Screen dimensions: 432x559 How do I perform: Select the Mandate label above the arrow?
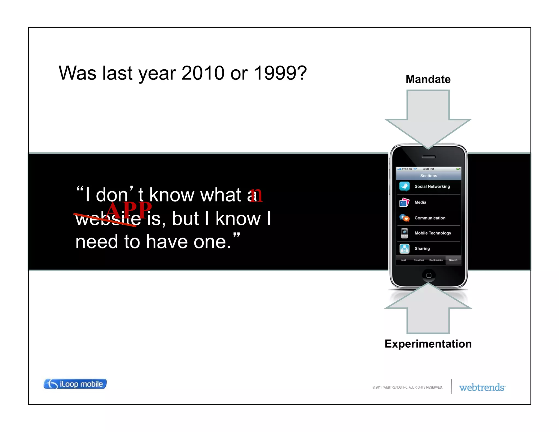tap(428, 79)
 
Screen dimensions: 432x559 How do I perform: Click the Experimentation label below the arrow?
tap(428, 344)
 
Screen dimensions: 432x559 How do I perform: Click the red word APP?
tap(129, 210)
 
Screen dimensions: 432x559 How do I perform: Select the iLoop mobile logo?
tap(75, 384)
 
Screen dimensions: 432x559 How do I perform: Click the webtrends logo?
tap(482, 387)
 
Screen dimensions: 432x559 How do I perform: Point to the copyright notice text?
tap(407, 387)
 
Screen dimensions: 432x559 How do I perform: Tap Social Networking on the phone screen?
tap(432, 187)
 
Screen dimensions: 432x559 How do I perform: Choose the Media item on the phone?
tap(420, 202)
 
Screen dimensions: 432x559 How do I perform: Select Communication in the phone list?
tap(430, 218)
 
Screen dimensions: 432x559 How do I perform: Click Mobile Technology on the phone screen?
tap(433, 233)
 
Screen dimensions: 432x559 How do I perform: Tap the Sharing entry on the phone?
tap(422, 248)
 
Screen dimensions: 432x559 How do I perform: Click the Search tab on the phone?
tap(453, 260)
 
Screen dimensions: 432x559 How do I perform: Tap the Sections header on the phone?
tap(429, 176)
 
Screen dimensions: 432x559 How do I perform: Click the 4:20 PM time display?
tap(428, 169)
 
